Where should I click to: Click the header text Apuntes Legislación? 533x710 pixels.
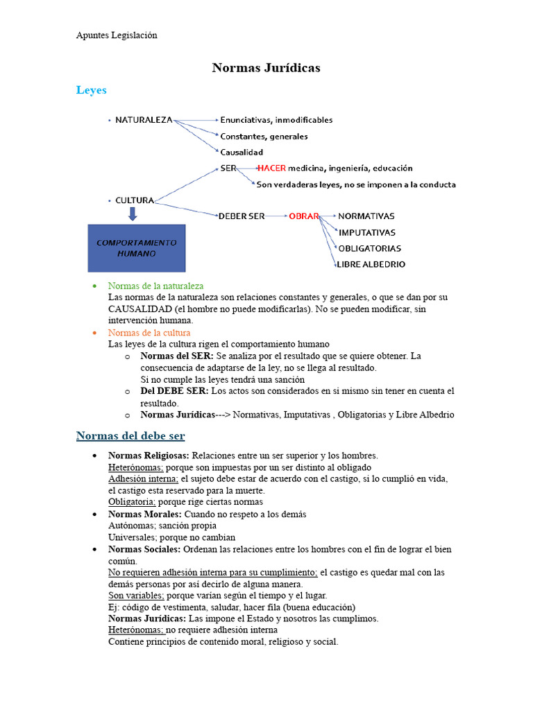[x=117, y=35]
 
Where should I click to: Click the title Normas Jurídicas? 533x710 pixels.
[x=266, y=68]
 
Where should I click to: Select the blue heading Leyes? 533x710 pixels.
[x=91, y=90]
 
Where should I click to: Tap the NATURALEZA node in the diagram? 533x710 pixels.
[x=144, y=120]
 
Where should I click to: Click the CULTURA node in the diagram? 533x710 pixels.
[x=135, y=200]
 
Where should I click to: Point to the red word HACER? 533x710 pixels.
[x=271, y=168]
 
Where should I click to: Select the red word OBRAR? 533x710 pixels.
[x=303, y=216]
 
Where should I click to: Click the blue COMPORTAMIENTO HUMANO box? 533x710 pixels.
[x=136, y=248]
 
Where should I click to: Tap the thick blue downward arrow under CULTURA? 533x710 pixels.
[x=133, y=214]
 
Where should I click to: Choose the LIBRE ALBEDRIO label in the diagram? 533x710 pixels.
[x=371, y=264]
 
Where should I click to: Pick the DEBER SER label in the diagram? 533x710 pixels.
[x=242, y=216]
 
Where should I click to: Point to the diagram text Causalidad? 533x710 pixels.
[x=242, y=152]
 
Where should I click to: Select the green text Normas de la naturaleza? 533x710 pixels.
[x=155, y=286]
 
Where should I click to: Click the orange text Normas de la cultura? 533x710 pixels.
[x=149, y=333]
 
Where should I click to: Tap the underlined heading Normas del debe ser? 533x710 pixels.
[x=130, y=435]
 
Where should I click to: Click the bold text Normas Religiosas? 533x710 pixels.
[x=149, y=456]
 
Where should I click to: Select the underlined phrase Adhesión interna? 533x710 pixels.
[x=143, y=479]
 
